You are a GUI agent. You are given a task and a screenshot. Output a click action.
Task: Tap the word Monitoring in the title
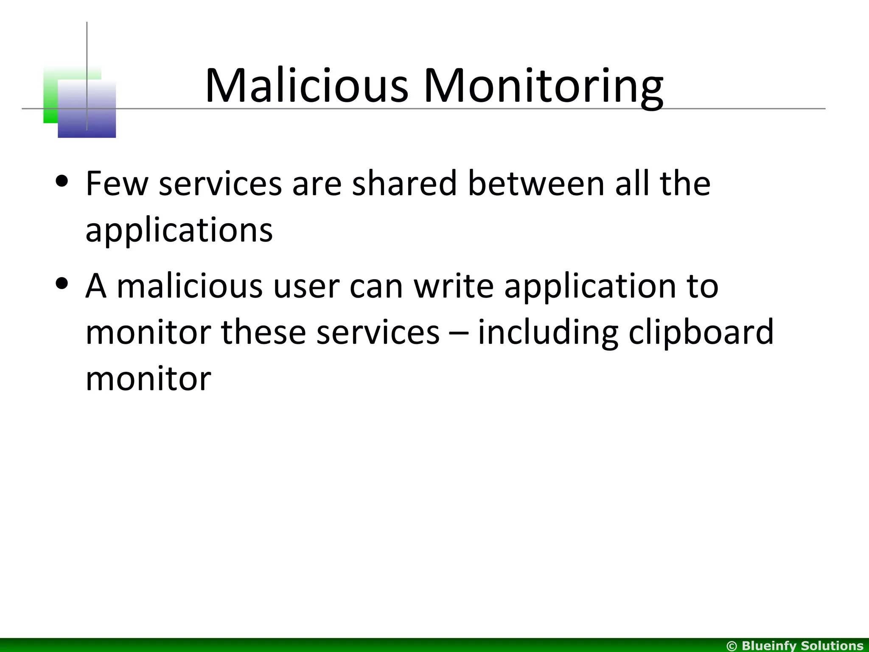click(544, 87)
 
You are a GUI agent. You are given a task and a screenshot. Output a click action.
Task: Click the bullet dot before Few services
click(62, 181)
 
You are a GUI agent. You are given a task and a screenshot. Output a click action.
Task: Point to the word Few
click(117, 184)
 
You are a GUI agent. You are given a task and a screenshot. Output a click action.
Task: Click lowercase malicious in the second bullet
click(190, 286)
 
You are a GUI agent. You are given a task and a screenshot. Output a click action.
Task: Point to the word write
click(454, 286)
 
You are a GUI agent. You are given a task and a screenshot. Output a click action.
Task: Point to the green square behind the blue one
click(51, 98)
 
